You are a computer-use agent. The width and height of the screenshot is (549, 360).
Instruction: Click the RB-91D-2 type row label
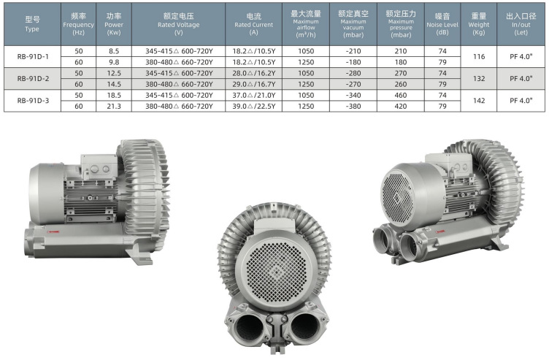pyautogui.click(x=33, y=78)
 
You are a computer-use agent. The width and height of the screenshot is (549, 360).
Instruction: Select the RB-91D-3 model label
pyautogui.click(x=33, y=101)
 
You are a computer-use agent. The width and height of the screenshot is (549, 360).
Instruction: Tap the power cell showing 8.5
pyautogui.click(x=114, y=51)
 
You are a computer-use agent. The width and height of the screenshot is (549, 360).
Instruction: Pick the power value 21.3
pyautogui.click(x=114, y=106)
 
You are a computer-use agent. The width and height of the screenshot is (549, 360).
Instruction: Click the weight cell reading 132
pyautogui.click(x=479, y=78)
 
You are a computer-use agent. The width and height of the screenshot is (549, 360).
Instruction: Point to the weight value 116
pyautogui.click(x=479, y=56)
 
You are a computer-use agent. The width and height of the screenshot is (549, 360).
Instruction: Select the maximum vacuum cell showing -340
pyautogui.click(x=353, y=95)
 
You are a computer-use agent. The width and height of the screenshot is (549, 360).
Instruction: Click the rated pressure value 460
pyautogui.click(x=401, y=95)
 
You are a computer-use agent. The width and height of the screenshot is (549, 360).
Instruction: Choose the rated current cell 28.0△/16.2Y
pyautogui.click(x=254, y=73)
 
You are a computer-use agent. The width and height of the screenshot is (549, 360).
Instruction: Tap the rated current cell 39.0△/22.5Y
pyautogui.click(x=254, y=106)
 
